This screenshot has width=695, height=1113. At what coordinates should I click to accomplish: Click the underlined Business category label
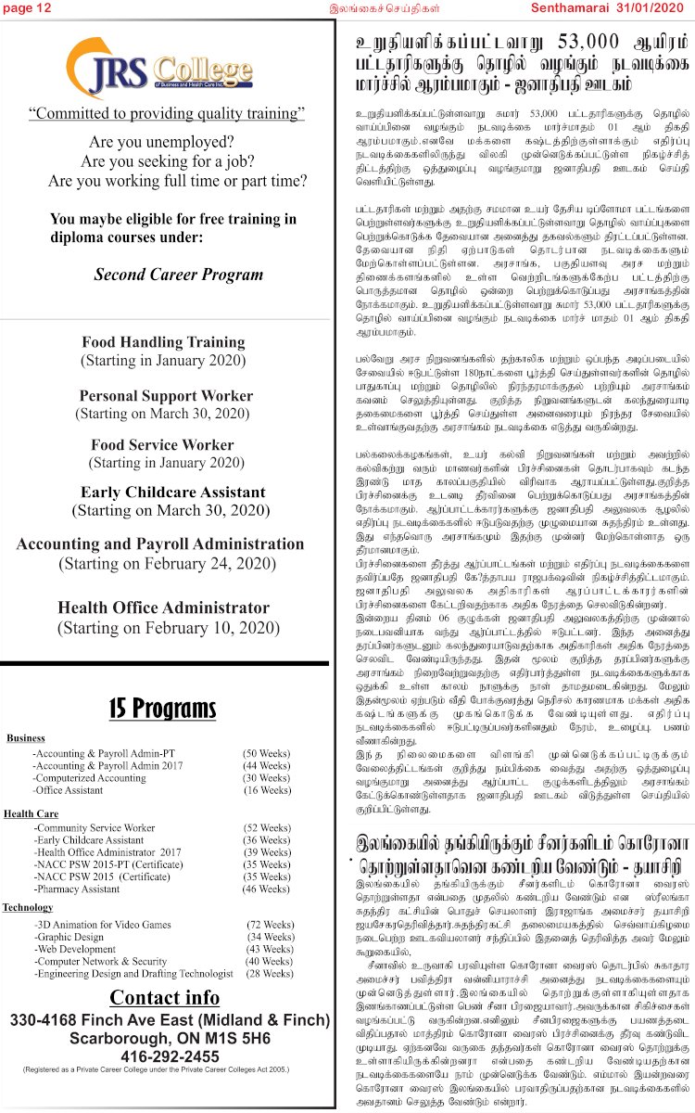pyautogui.click(x=26, y=738)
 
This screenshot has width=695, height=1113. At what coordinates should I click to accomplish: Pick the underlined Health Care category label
pyautogui.click(x=31, y=813)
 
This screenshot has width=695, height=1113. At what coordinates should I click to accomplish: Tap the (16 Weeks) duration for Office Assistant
pyautogui.click(x=267, y=790)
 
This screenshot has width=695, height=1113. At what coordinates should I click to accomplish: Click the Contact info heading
pyautogui.click(x=164, y=998)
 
